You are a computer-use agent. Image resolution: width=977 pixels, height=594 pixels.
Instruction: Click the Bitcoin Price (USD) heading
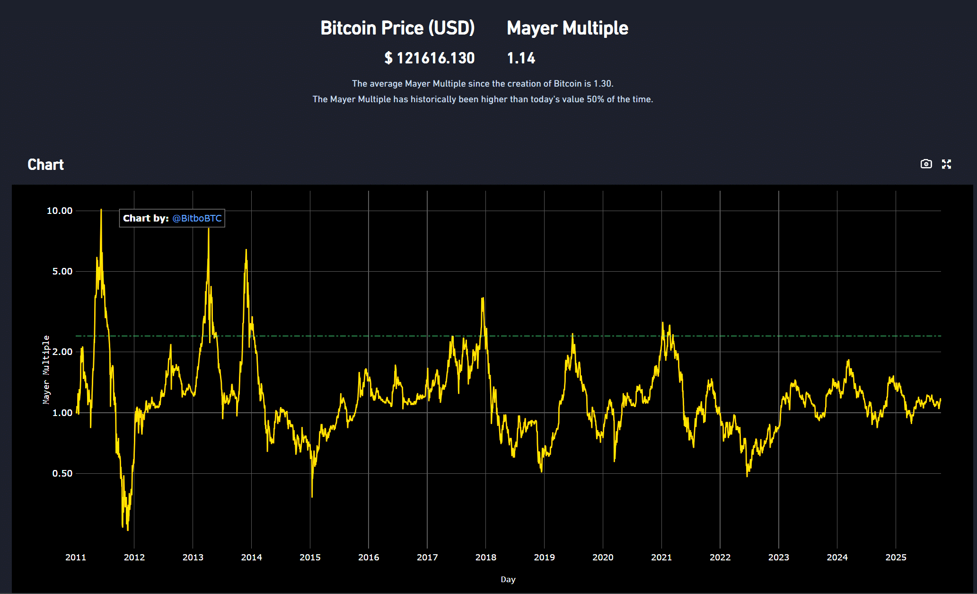click(x=397, y=28)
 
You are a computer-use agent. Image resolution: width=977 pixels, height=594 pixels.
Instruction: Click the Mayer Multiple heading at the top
click(x=567, y=28)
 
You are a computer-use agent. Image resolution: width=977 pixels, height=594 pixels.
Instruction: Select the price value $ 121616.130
click(x=429, y=58)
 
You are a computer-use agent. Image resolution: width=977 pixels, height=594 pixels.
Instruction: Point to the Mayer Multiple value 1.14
click(x=521, y=58)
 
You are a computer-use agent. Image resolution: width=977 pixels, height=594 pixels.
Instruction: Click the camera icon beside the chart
click(x=926, y=164)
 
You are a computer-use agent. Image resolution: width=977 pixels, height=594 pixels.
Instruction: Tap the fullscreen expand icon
click(x=946, y=164)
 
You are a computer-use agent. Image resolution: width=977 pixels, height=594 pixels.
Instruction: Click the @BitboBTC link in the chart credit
click(x=197, y=218)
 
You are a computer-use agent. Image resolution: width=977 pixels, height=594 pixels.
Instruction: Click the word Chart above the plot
click(x=45, y=165)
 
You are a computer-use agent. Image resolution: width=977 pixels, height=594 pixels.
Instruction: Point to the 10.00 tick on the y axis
click(x=60, y=211)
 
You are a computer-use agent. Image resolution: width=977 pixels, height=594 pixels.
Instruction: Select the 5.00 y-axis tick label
click(x=62, y=271)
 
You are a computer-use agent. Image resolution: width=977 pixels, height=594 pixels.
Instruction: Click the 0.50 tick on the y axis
click(x=62, y=473)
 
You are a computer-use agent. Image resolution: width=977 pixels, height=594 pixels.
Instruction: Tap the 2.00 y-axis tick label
click(x=62, y=352)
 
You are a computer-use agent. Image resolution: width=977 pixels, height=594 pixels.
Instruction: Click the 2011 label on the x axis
click(x=76, y=557)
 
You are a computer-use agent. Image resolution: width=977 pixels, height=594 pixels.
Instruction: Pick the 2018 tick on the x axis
click(x=486, y=557)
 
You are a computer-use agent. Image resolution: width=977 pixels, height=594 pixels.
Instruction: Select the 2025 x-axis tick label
click(x=896, y=557)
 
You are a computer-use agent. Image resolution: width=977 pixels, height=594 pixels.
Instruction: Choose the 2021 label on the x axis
click(x=661, y=557)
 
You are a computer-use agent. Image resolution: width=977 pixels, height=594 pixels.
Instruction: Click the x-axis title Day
click(x=508, y=579)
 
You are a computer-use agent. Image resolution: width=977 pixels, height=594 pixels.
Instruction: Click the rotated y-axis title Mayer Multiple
click(x=46, y=369)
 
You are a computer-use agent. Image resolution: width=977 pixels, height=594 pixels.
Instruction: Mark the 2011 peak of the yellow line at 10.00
click(x=101, y=210)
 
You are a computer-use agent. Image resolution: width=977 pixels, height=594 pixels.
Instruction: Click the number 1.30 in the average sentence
click(x=602, y=84)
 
